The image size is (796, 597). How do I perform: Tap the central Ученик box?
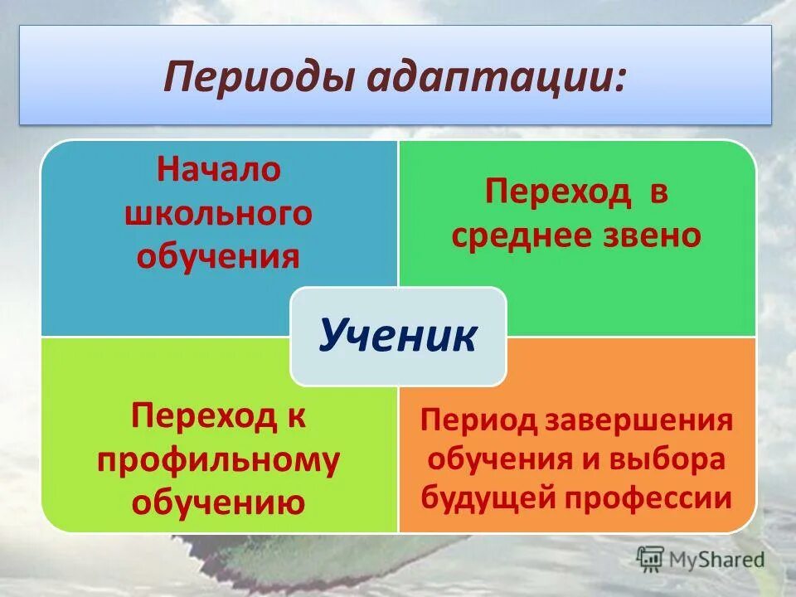click(398, 337)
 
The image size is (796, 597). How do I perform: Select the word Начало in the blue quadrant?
click(220, 170)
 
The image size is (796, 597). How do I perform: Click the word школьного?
click(219, 213)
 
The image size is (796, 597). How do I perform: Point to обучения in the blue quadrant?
click(219, 256)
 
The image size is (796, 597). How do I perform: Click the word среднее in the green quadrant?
click(522, 236)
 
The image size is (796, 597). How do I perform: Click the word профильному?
click(219, 460)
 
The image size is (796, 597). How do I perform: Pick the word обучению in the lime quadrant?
click(219, 502)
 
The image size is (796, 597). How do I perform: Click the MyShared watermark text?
click(716, 559)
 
